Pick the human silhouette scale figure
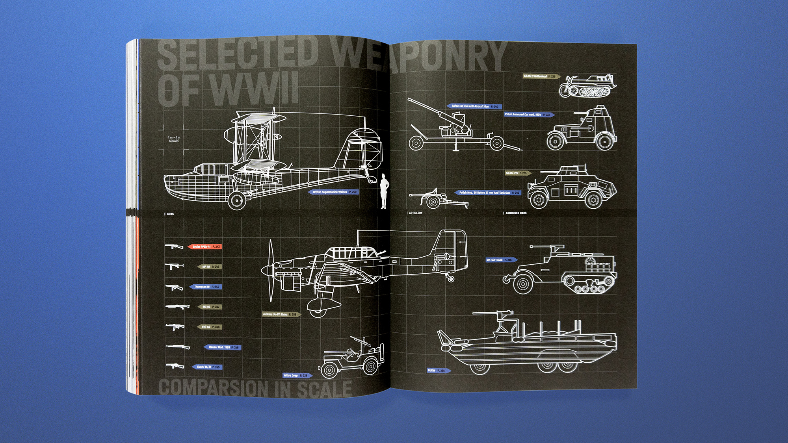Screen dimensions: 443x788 (383, 191)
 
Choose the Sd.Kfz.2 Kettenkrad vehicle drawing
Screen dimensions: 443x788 (587, 86)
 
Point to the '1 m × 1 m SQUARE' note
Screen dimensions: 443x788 (174, 139)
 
